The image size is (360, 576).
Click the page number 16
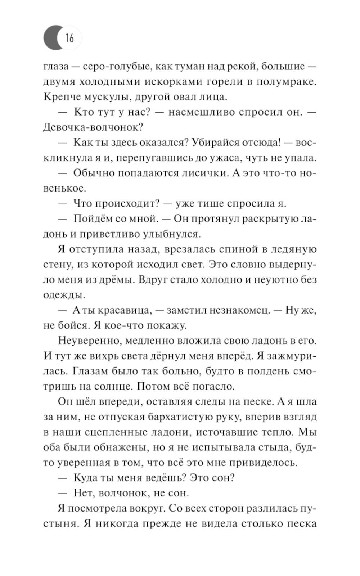(69, 37)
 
